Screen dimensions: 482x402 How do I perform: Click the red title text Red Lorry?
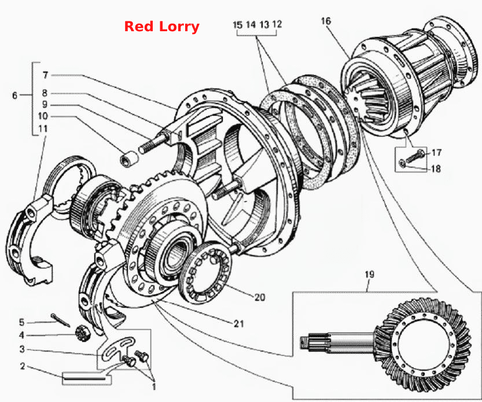(x=161, y=27)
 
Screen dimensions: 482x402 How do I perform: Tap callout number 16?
(x=326, y=21)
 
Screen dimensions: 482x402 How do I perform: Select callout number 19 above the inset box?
(x=370, y=274)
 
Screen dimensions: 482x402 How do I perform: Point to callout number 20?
(x=260, y=297)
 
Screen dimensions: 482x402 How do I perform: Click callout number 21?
(x=239, y=324)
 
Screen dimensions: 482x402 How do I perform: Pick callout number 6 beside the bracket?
(x=15, y=95)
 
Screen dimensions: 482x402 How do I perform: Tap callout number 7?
(x=46, y=75)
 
